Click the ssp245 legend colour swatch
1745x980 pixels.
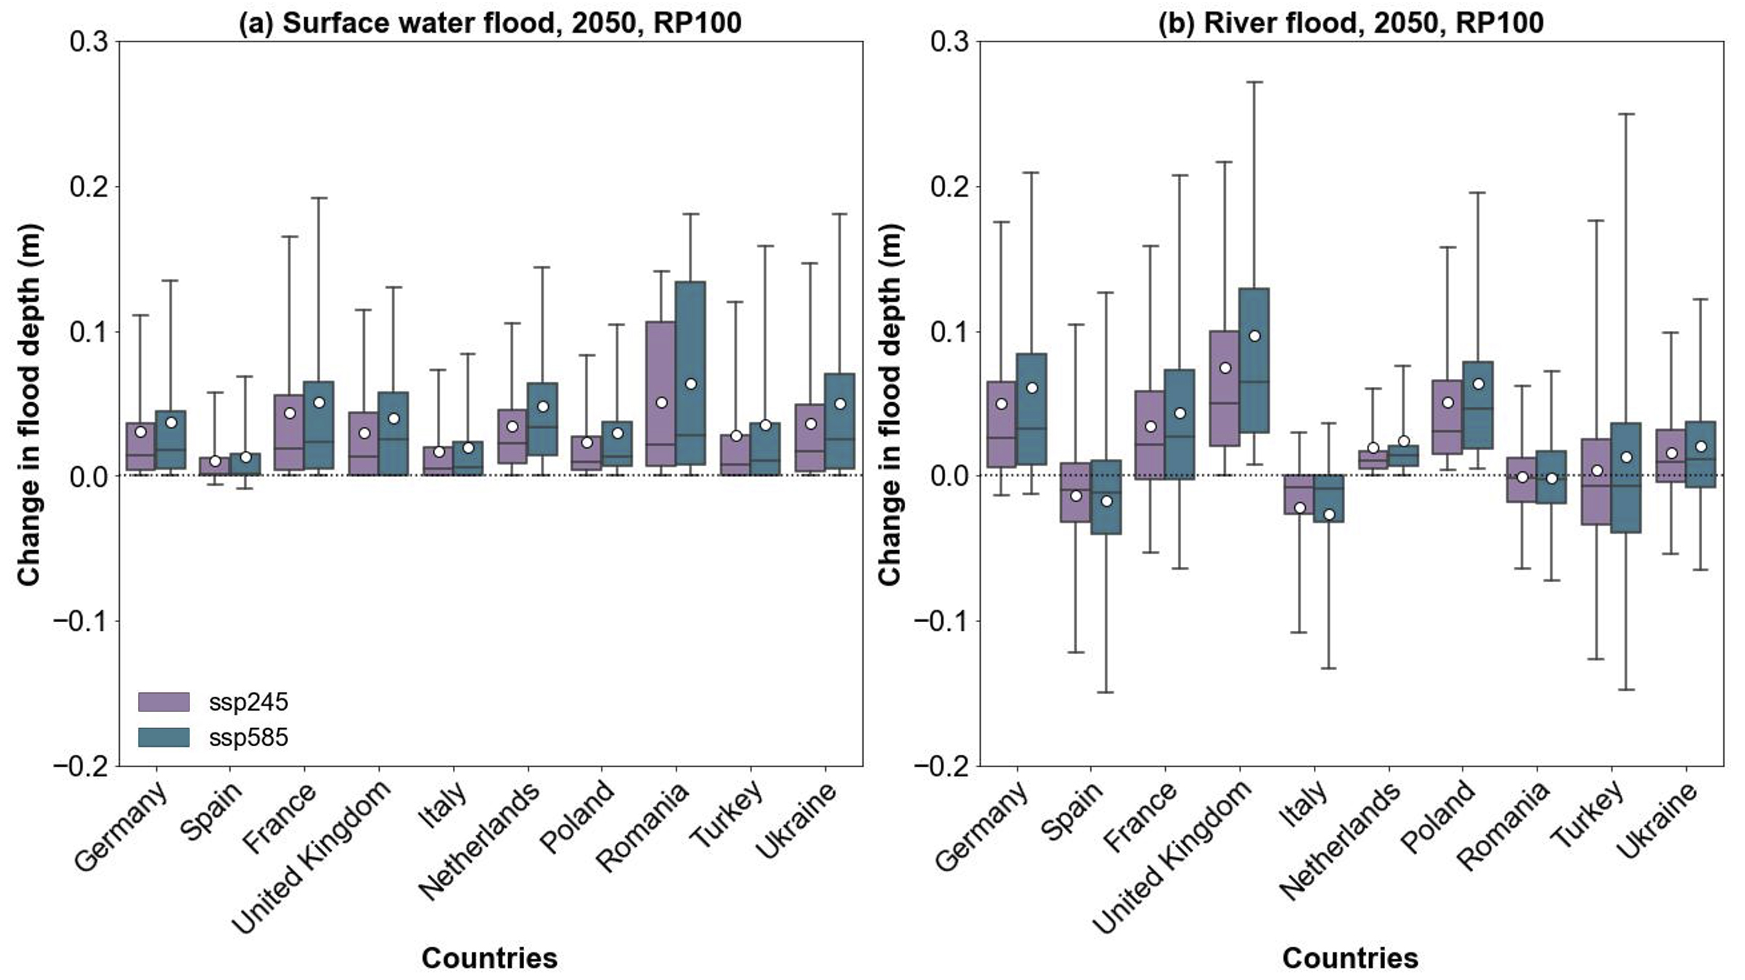[163, 702]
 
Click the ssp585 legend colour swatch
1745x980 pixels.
[163, 738]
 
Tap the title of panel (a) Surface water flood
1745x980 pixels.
[490, 23]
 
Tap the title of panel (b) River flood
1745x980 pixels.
[1350, 23]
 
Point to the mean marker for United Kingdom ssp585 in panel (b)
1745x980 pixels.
[1254, 336]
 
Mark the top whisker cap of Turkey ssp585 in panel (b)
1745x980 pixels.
[1626, 114]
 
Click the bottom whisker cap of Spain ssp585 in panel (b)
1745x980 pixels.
[1106, 692]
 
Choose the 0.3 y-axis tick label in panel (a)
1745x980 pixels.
[89, 41]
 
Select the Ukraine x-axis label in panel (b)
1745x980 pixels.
[1658, 820]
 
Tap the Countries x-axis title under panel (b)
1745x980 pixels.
[1350, 958]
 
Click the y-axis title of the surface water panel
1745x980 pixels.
[29, 404]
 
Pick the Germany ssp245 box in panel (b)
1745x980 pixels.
[1002, 424]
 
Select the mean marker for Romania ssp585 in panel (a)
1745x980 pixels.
[691, 384]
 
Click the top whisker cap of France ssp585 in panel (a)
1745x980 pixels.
[319, 197]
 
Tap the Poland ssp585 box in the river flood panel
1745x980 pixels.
[1478, 405]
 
